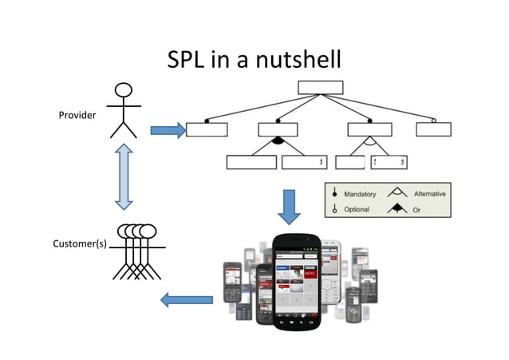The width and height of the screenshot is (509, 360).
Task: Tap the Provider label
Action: coord(77,116)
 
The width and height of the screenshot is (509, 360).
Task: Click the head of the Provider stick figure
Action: coord(124,90)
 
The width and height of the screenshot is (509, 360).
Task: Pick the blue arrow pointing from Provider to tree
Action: coord(166,130)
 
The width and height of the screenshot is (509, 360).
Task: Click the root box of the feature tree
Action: coord(320,87)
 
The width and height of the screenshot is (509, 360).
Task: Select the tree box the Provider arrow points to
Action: coord(207,129)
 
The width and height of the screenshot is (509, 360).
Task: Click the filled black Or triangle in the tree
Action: coord(278,141)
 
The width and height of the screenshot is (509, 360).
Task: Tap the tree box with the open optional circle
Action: coord(433,129)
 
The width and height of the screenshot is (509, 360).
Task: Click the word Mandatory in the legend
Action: coord(360,194)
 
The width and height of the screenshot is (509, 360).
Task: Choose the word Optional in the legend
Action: coord(357,209)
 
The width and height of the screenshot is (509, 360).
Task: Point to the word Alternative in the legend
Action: coord(429,194)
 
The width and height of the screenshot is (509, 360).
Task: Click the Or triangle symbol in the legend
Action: coord(397,209)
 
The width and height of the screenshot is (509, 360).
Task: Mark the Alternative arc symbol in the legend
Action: coord(397,193)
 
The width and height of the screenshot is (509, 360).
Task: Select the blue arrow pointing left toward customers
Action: coord(187,300)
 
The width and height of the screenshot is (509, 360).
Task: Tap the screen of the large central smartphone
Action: coord(297,275)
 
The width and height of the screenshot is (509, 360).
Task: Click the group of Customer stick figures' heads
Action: coord(136,231)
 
